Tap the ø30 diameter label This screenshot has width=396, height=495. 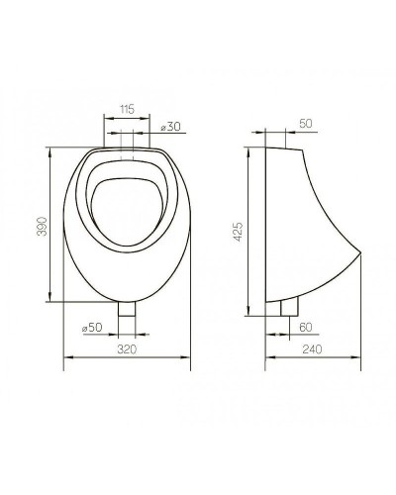[x=169, y=127]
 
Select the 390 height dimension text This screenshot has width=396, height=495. [x=40, y=227]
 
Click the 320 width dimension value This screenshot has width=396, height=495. [x=126, y=348]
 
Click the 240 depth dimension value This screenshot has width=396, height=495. [x=314, y=348]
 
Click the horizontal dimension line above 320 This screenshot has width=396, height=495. [x=126, y=357]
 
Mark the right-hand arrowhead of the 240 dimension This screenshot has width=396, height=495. [x=357, y=357]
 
